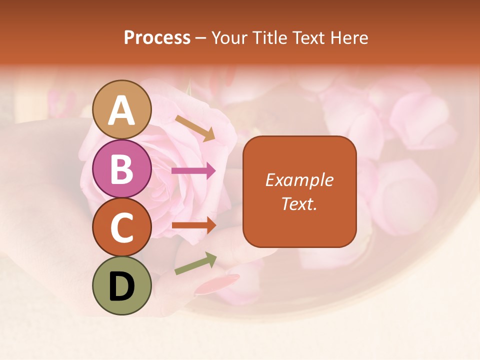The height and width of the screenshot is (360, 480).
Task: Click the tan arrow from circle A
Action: point(194,128)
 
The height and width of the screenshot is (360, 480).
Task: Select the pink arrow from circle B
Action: point(193,171)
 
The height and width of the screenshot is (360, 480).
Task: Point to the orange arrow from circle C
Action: point(193,225)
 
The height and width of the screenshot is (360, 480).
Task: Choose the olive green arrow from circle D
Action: point(195,263)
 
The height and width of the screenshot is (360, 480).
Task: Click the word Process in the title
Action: point(157,37)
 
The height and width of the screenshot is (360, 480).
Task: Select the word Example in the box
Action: point(299,180)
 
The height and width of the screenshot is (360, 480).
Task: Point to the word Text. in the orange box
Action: point(299,203)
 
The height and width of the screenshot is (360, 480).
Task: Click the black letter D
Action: point(122,286)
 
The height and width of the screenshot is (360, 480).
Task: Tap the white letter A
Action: point(122,110)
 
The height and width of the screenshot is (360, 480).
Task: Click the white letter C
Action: point(122,227)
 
